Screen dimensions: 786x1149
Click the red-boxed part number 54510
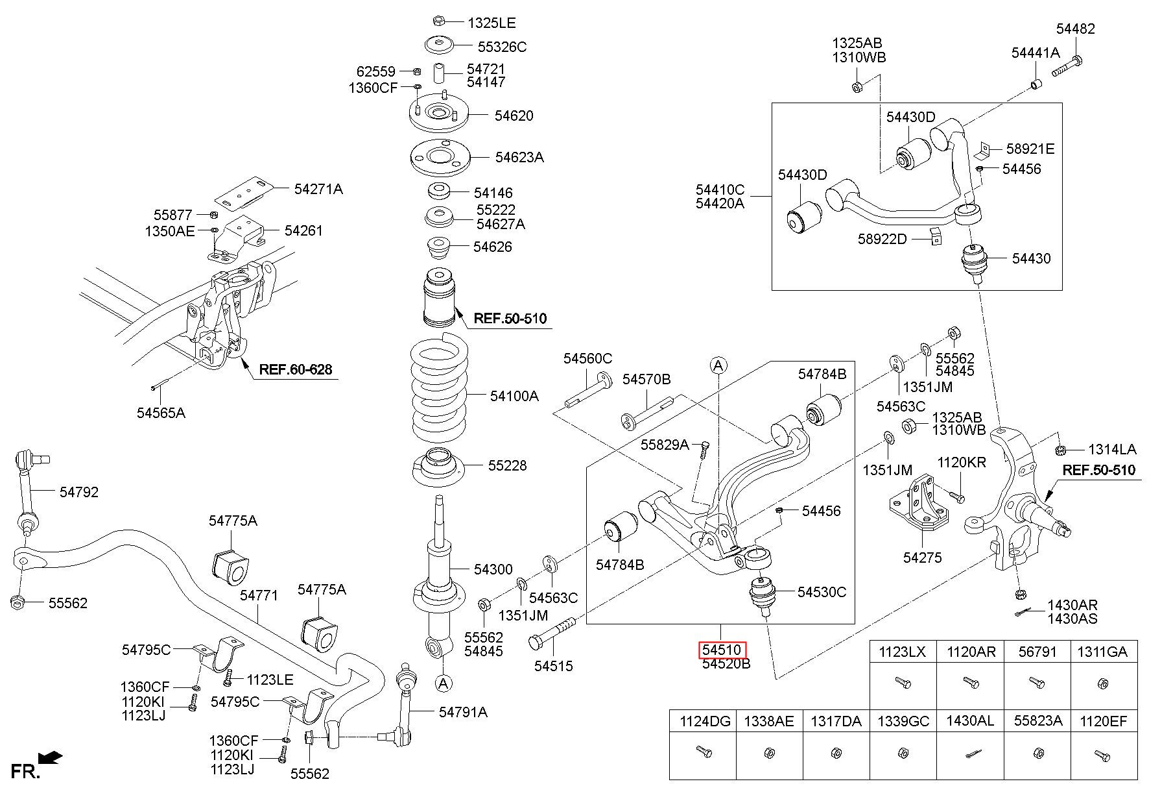[x=722, y=649]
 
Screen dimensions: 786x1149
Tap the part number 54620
[x=514, y=116]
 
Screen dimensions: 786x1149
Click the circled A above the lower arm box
[x=718, y=365]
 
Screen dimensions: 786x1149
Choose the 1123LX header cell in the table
[x=902, y=652]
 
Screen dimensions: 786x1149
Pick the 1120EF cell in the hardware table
[x=1103, y=720]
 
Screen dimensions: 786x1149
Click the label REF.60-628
[x=295, y=370]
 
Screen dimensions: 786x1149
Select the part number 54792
[x=79, y=492]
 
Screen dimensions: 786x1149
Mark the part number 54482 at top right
[x=1075, y=29]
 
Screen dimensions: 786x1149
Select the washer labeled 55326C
[x=439, y=46]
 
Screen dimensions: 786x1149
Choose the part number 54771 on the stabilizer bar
[x=259, y=595]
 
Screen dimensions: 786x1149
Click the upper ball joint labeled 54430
[x=973, y=260]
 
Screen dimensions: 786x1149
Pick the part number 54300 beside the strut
[x=493, y=569]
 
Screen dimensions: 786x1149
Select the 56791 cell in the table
[x=1037, y=652]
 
